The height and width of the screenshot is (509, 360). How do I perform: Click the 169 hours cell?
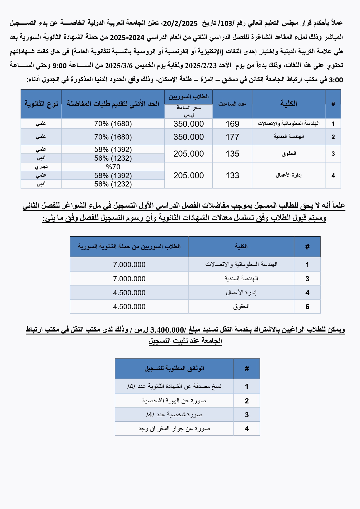click(232, 124)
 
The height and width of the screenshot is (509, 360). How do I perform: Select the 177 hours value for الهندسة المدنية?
click(232, 137)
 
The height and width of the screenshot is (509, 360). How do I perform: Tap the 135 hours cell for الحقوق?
click(232, 154)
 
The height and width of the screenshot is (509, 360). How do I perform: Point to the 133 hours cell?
click(232, 175)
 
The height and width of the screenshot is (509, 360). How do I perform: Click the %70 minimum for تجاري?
click(113, 167)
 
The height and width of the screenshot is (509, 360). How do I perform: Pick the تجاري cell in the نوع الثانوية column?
click(41, 167)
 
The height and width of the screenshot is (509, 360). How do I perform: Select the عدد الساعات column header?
click(232, 104)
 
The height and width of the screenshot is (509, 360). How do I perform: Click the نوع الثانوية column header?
click(41, 104)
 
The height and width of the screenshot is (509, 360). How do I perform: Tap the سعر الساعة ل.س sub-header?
click(189, 111)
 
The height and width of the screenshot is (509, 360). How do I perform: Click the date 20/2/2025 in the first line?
click(180, 23)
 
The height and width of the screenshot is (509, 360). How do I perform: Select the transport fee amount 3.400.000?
click(167, 330)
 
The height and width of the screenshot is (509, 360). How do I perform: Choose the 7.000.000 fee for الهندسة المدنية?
click(129, 279)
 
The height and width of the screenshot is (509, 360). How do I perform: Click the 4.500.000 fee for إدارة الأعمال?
click(129, 293)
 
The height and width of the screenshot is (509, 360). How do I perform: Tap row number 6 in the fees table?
click(307, 307)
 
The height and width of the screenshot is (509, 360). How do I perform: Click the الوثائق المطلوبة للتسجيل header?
click(174, 369)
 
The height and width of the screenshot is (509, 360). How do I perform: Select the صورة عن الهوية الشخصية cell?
click(174, 401)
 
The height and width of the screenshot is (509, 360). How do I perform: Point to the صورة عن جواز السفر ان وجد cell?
click(174, 429)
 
